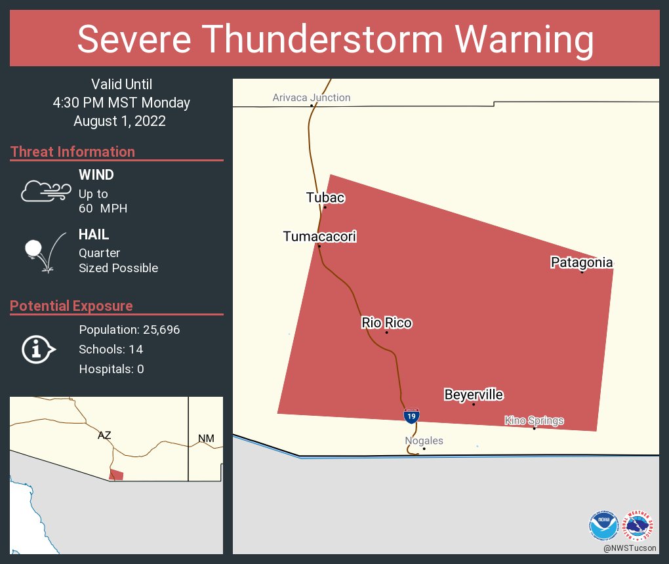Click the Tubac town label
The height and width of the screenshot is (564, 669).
tap(325, 197)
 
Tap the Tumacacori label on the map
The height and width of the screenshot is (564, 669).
tap(319, 236)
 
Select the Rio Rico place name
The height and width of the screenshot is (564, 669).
tap(386, 323)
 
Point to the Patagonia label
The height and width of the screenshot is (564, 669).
tap(581, 262)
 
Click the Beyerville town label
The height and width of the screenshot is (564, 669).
tap(474, 395)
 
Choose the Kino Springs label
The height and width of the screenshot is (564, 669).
tap(534, 420)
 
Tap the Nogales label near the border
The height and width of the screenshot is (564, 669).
tap(424, 441)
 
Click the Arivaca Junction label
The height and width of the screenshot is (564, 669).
tap(312, 98)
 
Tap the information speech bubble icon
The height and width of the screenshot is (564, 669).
tap(38, 350)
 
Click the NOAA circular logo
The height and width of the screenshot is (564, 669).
tap(603, 525)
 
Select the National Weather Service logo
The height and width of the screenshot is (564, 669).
tap(639, 525)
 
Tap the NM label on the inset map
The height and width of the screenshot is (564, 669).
tap(206, 438)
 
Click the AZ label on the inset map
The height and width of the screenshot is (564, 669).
tap(104, 435)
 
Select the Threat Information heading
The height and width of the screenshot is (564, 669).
tap(72, 151)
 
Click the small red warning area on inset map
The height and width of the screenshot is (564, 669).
tap(117, 475)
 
